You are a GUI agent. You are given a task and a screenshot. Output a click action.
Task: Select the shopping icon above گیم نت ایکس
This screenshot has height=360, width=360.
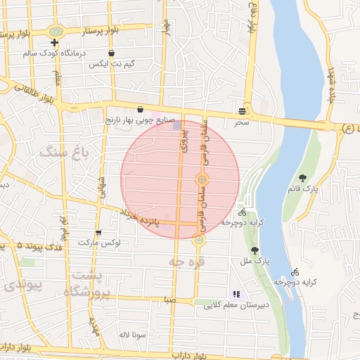(x=111, y=53)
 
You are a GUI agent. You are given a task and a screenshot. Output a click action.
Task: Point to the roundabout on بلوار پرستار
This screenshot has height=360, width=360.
(x=56, y=31)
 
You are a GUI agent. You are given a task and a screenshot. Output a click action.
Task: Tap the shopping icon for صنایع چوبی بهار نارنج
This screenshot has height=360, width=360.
(x=141, y=110)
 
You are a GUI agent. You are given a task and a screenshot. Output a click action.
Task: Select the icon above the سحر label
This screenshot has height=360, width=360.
(x=243, y=111)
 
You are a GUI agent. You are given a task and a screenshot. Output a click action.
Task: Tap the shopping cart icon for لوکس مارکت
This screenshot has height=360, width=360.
(x=98, y=232)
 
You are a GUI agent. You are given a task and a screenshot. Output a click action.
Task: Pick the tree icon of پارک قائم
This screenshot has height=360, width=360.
(x=303, y=178)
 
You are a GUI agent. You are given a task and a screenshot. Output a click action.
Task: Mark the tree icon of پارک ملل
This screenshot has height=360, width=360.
(x=255, y=250)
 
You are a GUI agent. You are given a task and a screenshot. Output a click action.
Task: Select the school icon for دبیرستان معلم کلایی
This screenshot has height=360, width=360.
(x=236, y=294)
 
